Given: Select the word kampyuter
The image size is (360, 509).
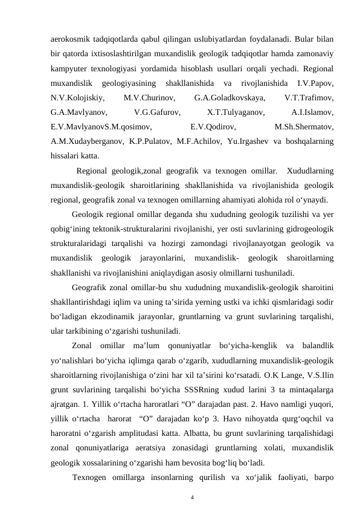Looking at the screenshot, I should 69,68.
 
